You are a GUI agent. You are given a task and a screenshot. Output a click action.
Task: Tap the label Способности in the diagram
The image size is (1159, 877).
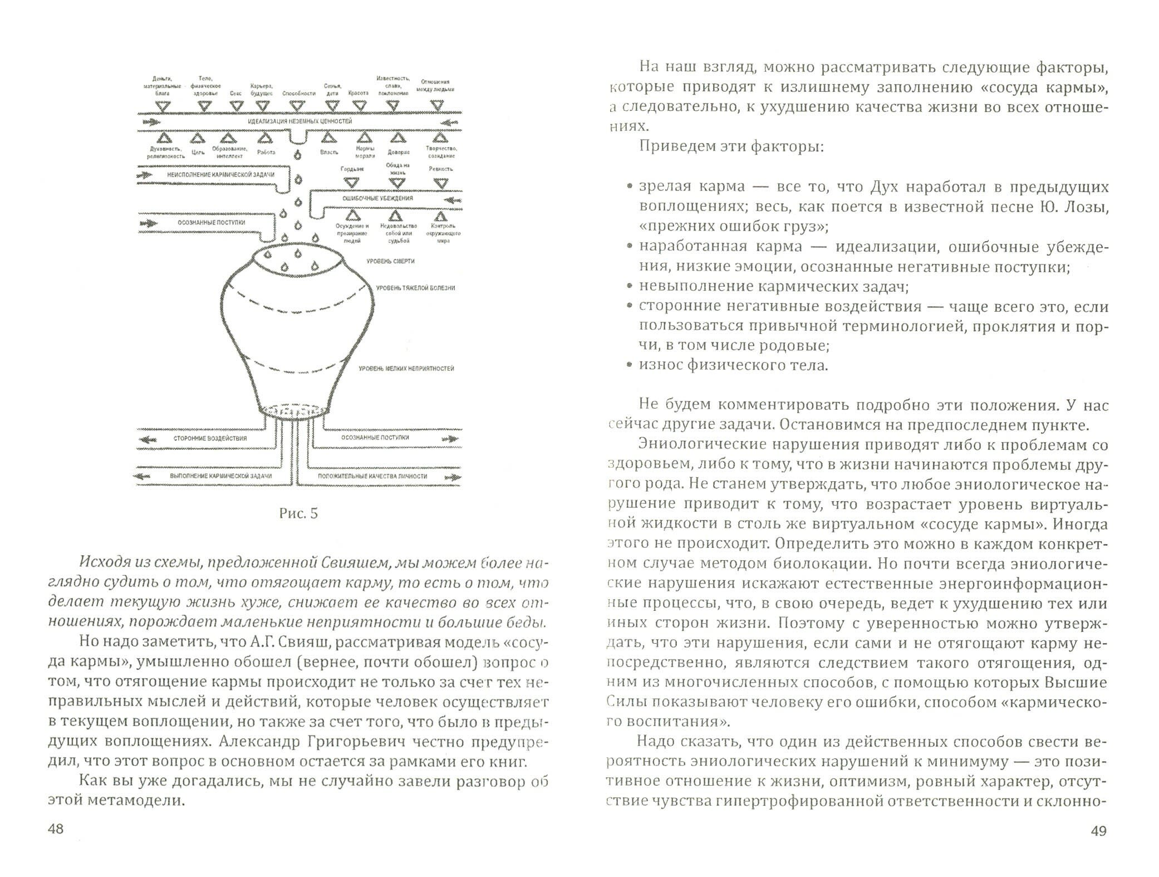(x=299, y=94)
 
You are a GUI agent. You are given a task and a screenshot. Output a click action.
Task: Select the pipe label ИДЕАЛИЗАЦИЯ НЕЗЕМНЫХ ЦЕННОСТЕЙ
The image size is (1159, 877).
(x=299, y=121)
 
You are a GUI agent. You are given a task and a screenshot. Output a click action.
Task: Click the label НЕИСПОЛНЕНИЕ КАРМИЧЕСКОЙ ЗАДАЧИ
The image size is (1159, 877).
(x=221, y=175)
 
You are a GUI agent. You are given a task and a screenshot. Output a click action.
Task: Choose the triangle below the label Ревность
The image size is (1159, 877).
(x=441, y=183)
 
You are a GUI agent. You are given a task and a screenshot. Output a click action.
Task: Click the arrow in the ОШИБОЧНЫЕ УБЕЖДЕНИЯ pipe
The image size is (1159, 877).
(x=453, y=199)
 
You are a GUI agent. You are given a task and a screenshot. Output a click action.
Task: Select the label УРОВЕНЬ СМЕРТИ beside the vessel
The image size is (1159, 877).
(x=390, y=261)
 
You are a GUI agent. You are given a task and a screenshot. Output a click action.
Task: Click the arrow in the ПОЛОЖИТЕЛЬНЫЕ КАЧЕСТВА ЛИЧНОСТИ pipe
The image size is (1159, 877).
(x=452, y=477)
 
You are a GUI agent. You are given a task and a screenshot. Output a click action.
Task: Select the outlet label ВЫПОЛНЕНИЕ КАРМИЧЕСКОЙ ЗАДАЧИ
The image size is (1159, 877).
(x=221, y=477)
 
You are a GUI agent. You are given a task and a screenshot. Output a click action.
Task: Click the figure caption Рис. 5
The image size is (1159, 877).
(x=298, y=513)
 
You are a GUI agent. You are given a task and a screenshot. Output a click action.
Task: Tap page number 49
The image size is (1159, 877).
(x=1098, y=847)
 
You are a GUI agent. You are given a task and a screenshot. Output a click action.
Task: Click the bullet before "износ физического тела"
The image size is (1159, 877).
(x=629, y=366)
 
